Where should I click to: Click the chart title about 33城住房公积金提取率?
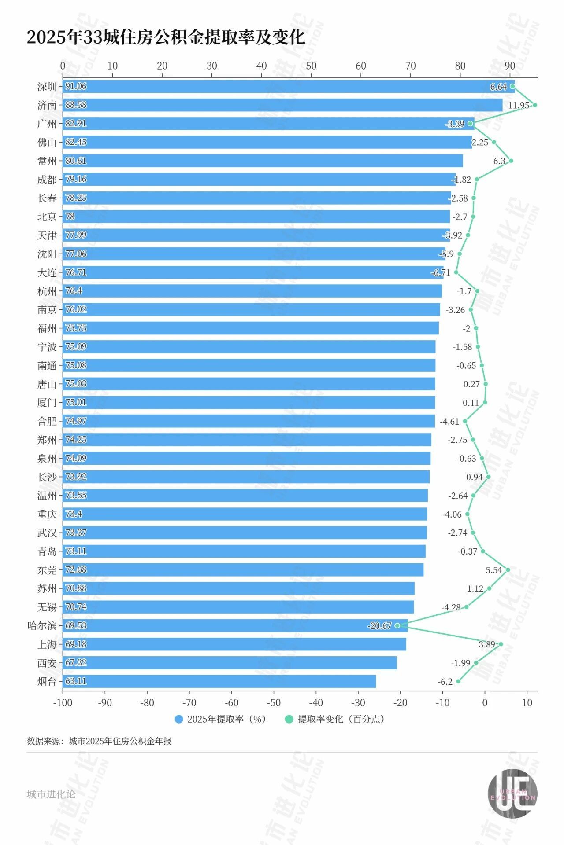[166, 37]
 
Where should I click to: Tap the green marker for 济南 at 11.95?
[534, 105]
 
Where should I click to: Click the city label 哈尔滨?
[42, 625]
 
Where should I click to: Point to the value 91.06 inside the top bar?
[76, 86]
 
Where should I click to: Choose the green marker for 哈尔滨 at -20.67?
[397, 625]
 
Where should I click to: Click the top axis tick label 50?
[311, 66]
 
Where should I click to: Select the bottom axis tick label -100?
[62, 703]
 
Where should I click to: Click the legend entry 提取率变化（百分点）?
[336, 719]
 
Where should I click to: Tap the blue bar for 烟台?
[220, 681]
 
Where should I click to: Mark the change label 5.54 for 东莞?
[493, 570]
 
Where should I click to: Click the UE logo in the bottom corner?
[512, 794]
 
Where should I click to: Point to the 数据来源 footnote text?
[99, 741]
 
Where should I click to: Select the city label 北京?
[47, 217]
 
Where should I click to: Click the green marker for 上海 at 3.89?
[501, 644]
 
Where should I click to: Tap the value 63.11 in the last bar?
[76, 681]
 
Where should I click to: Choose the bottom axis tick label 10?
[527, 703]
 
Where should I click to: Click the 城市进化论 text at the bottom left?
[51, 794]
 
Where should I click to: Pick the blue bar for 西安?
[229, 663]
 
